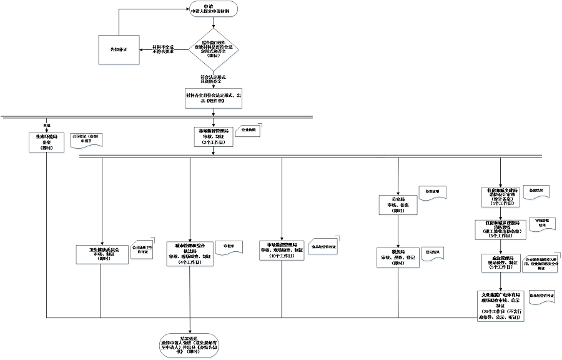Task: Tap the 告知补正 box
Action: (118, 49)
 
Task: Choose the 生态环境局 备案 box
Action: (46, 141)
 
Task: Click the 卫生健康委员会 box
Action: (101, 255)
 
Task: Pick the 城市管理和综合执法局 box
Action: (190, 253)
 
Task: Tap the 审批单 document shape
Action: (229, 246)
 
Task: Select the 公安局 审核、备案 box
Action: (398, 206)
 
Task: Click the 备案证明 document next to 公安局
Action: (433, 191)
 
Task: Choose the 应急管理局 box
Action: (501, 263)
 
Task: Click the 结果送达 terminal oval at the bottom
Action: (191, 345)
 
